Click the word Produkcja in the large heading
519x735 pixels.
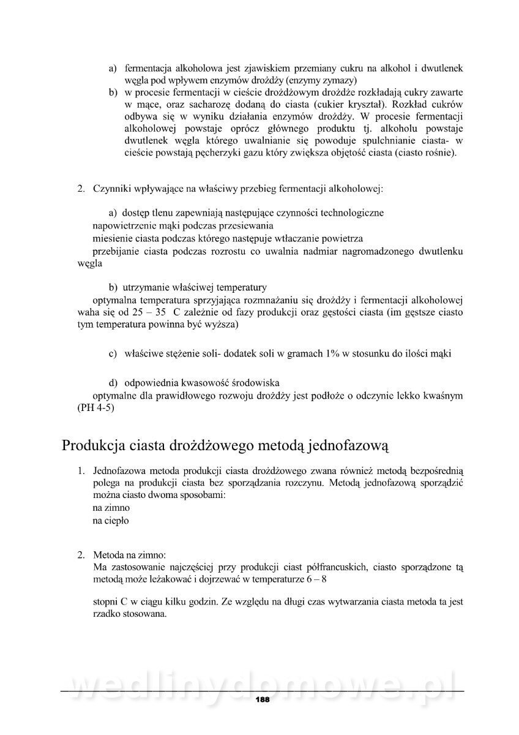93,445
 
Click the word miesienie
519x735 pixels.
111,238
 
